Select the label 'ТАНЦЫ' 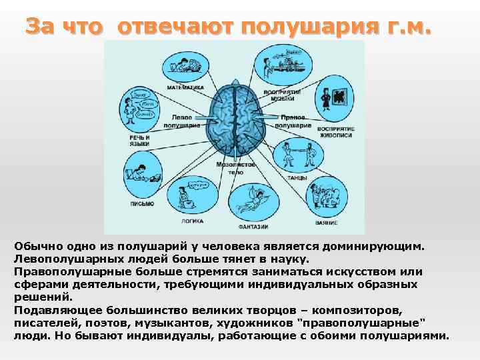click(x=297, y=178)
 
